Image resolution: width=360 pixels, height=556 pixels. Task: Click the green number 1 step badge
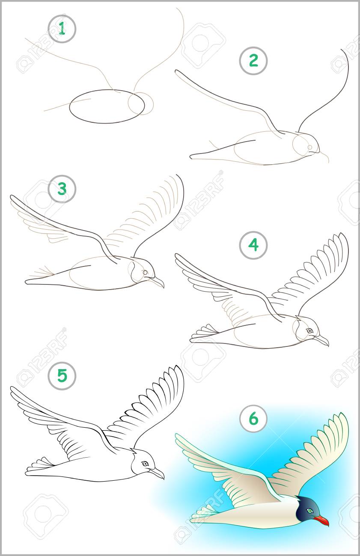click(x=62, y=29)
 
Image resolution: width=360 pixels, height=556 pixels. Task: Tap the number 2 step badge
click(x=253, y=61)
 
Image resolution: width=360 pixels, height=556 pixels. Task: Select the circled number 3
click(x=62, y=189)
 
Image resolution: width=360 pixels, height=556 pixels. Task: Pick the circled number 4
click(x=253, y=245)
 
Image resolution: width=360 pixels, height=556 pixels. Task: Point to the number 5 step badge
click(x=62, y=375)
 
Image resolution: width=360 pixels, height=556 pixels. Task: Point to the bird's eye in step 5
click(x=145, y=464)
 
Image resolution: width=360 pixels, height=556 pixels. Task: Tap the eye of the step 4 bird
click(x=309, y=331)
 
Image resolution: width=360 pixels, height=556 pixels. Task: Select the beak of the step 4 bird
click(x=321, y=340)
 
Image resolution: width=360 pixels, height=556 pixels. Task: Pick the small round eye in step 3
click(x=145, y=272)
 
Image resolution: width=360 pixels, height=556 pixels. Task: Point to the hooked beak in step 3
click(x=157, y=282)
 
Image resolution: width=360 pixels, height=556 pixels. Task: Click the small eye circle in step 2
click(x=310, y=148)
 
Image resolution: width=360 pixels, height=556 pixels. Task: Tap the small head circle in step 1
click(x=141, y=104)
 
